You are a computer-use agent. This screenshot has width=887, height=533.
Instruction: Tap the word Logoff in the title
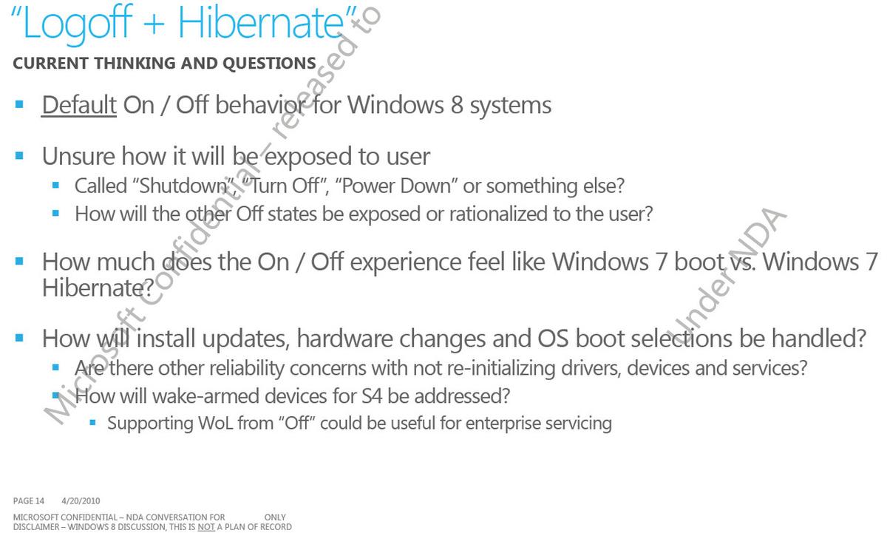(77, 25)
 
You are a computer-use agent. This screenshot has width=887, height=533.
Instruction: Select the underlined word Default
(79, 105)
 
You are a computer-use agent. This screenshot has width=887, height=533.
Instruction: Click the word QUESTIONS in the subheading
(269, 64)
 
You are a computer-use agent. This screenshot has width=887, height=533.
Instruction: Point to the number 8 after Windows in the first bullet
(457, 106)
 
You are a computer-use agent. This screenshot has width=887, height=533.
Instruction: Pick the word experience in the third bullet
(405, 263)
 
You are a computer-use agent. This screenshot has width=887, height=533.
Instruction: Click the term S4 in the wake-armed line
(372, 396)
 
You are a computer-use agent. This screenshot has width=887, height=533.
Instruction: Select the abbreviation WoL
(215, 423)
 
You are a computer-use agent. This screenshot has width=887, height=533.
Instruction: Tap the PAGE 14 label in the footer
(29, 501)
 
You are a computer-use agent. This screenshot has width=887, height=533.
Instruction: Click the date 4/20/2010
(81, 501)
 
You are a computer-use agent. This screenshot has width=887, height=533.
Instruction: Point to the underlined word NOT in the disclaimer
(206, 527)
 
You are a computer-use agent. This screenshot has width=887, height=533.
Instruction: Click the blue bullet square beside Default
(19, 104)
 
